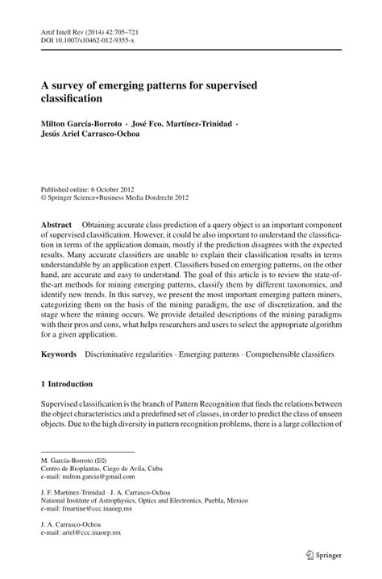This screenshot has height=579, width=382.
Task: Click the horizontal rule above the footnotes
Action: pyautogui.click(x=86, y=449)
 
